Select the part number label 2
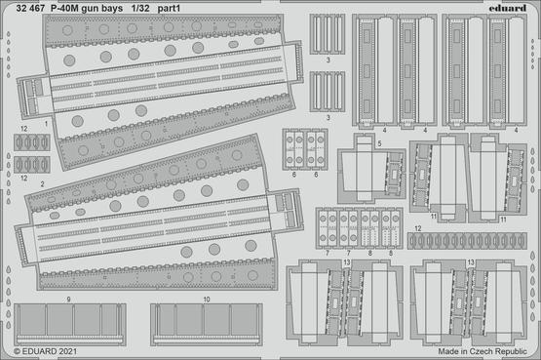coord(42,183)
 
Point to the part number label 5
coord(378,141)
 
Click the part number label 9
coord(69,300)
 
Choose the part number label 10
coord(207,300)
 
